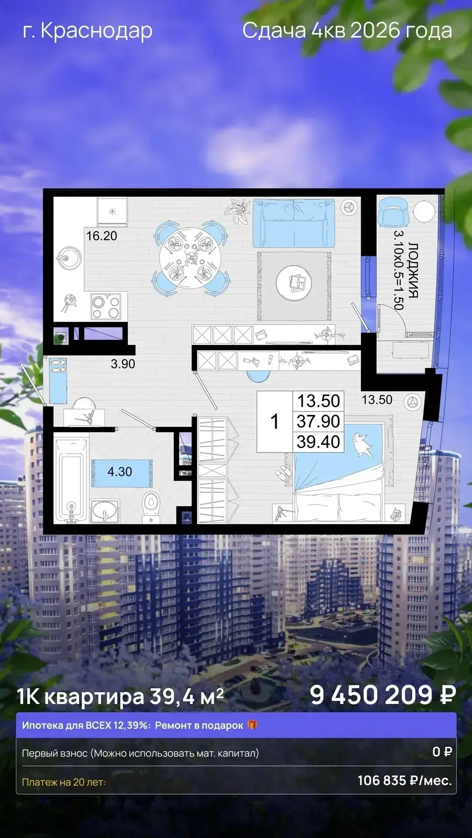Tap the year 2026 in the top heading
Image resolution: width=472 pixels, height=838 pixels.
pos(375,31)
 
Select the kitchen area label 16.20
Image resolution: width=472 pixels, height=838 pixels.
pos(101,236)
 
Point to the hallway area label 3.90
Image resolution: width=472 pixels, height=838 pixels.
pos(123,364)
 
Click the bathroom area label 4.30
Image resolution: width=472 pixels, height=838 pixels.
pos(120,471)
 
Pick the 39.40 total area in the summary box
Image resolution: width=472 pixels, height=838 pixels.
pos(318,442)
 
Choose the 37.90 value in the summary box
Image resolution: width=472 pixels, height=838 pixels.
pos(318,421)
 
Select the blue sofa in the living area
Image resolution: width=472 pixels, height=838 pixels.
pos(294,223)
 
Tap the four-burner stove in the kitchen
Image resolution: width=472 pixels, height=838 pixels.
pos(106,307)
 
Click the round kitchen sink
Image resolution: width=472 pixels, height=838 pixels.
pos(69,258)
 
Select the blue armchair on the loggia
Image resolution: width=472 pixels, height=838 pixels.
pos(392,212)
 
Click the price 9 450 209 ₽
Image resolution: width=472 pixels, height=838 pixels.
pos(383,695)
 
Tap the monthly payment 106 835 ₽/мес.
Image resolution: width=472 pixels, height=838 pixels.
pos(405,780)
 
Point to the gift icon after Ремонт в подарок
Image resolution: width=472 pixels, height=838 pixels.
pos(252,725)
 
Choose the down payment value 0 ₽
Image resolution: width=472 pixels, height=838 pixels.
pos(442,752)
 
